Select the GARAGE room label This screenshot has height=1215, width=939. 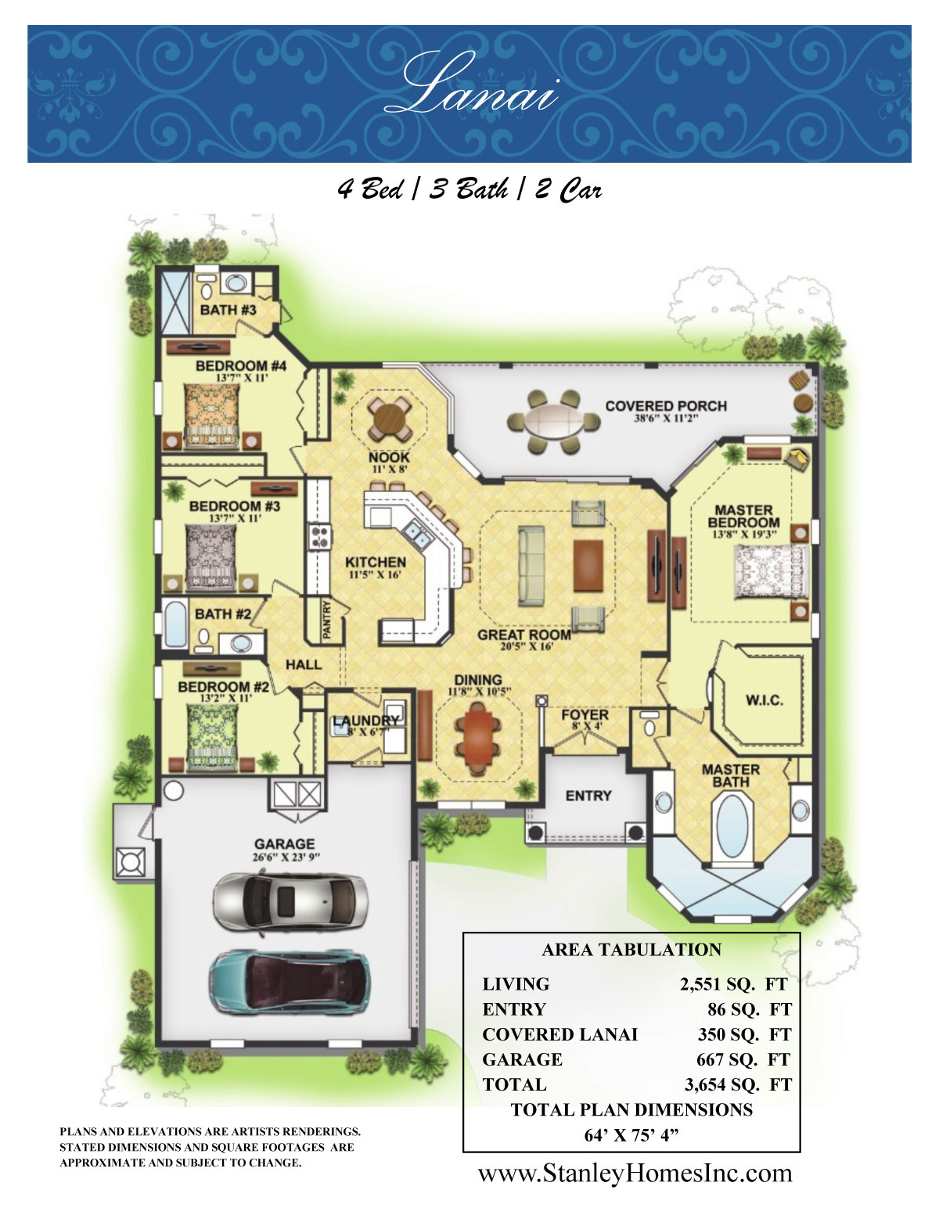pyautogui.click(x=284, y=844)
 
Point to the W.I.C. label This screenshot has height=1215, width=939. pyautogui.click(x=764, y=700)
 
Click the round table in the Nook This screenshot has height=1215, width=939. pyautogui.click(x=390, y=420)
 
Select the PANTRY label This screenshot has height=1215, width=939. pyautogui.click(x=327, y=620)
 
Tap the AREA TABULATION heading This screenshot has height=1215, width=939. pyautogui.click(x=631, y=950)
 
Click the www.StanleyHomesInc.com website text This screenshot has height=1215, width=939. pyautogui.click(x=635, y=1173)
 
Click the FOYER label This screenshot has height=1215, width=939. pyautogui.click(x=585, y=715)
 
